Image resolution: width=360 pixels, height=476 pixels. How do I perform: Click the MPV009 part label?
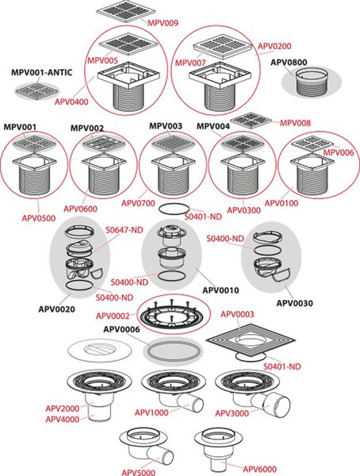[x=163, y=23]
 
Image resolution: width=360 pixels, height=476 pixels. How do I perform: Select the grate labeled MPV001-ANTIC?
[x=36, y=90]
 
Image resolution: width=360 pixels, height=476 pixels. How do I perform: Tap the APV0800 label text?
[x=289, y=62]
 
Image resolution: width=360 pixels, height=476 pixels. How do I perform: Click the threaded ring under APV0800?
[x=312, y=83]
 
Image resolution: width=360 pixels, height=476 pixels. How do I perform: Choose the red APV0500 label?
[x=39, y=218]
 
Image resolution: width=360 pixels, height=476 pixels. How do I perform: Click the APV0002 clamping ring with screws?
[x=173, y=314]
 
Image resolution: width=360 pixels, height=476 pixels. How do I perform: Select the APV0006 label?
[x=121, y=329]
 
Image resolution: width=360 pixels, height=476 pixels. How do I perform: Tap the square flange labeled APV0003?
[x=251, y=340]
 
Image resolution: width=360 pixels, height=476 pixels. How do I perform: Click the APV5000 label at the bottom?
[x=139, y=472]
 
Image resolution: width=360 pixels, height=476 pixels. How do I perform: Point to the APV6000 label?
[x=259, y=469]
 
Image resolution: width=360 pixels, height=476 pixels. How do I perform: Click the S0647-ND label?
[x=124, y=230]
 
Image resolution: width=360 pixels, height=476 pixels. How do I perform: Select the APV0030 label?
[x=294, y=303]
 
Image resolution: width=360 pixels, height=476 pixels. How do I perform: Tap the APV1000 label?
[x=151, y=413]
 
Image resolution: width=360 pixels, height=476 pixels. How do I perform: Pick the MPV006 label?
[x=338, y=152]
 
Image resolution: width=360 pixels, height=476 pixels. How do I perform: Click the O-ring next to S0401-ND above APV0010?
[x=174, y=209]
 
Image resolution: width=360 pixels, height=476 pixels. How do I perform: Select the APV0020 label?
[x=56, y=309]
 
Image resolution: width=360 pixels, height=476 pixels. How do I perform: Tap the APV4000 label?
[x=62, y=419]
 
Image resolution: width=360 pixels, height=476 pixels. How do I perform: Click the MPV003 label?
[x=166, y=126]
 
